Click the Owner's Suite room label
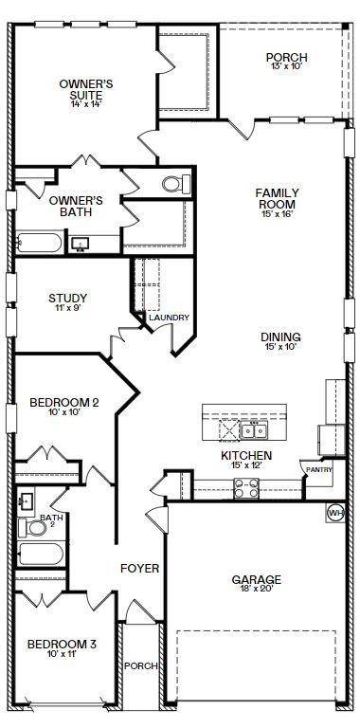coord(86,84)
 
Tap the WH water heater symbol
coord(334,513)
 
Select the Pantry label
coord(315,469)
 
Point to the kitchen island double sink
coord(253,431)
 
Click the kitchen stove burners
coord(246,487)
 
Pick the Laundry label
coord(169,318)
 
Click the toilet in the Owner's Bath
coord(174,184)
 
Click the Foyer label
coord(138,569)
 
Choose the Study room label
coord(68,300)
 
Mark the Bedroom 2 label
coord(64,403)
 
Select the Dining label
coord(281,337)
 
